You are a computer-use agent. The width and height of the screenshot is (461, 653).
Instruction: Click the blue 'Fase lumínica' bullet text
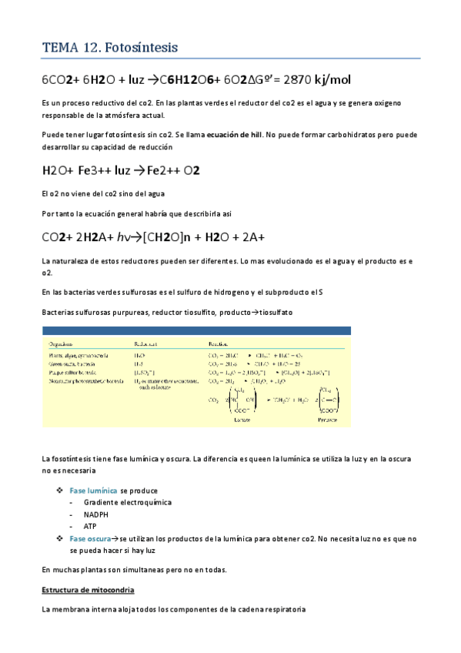[x=93, y=490]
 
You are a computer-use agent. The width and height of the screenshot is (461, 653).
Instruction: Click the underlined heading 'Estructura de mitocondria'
[x=88, y=589]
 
